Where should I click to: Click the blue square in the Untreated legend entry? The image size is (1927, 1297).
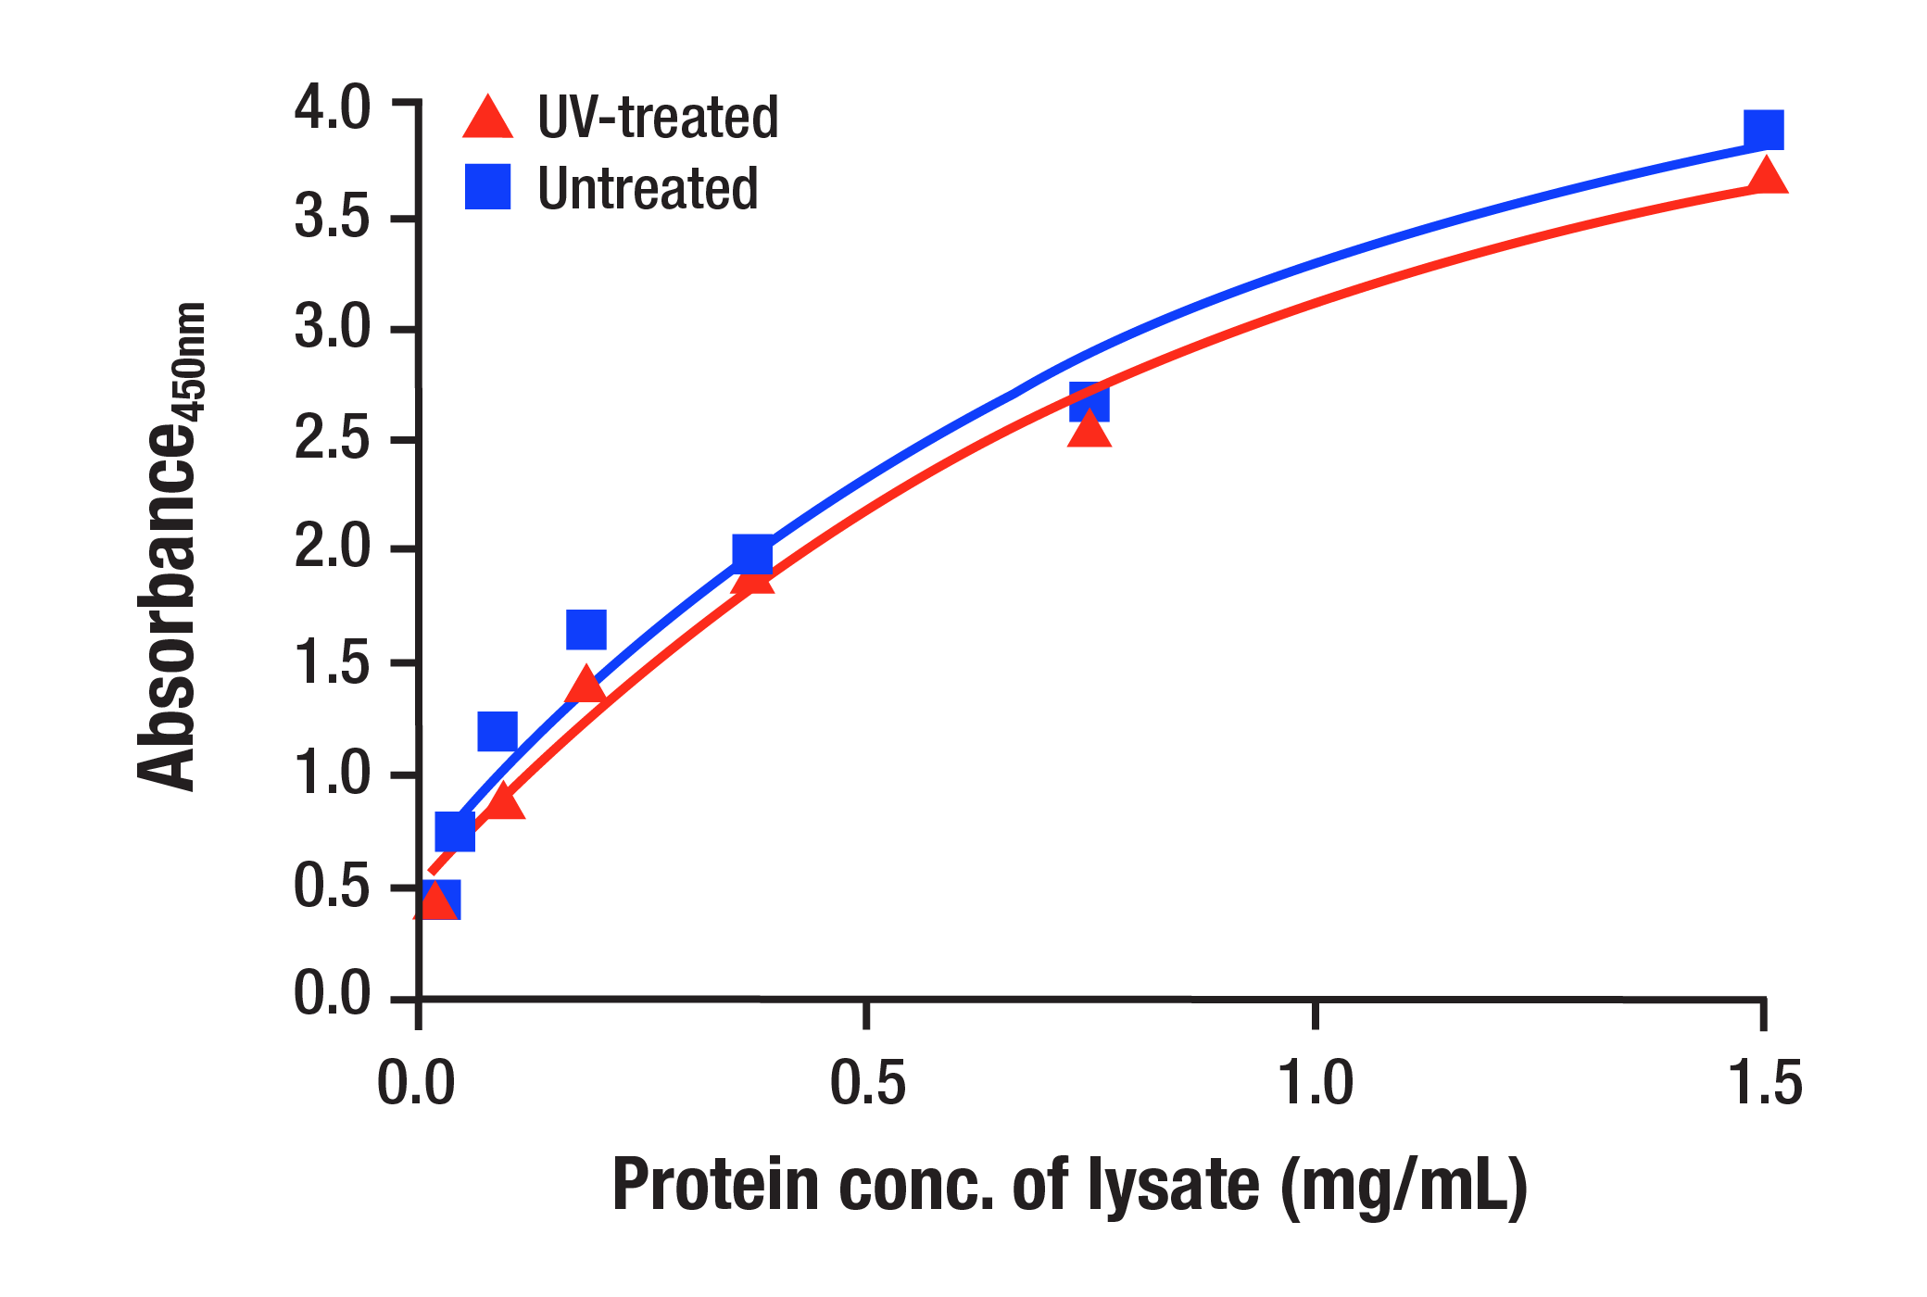[487, 187]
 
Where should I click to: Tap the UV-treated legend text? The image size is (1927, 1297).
[658, 119]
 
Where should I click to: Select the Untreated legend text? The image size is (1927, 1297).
[648, 189]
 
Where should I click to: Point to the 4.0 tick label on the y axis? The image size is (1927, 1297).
[332, 107]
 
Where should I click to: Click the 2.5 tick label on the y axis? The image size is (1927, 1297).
[332, 439]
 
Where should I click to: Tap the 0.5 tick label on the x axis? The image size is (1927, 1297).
[866, 1082]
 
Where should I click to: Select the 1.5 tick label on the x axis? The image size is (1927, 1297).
[1765, 1082]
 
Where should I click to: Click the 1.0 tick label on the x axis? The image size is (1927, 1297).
[1316, 1082]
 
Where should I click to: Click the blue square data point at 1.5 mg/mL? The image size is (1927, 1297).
[1763, 130]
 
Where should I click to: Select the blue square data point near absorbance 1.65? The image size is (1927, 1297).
[586, 630]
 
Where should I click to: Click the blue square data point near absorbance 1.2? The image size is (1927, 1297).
[497, 732]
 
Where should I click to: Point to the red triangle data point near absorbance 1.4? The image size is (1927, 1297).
[586, 686]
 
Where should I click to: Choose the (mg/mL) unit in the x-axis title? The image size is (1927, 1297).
[1403, 1186]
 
